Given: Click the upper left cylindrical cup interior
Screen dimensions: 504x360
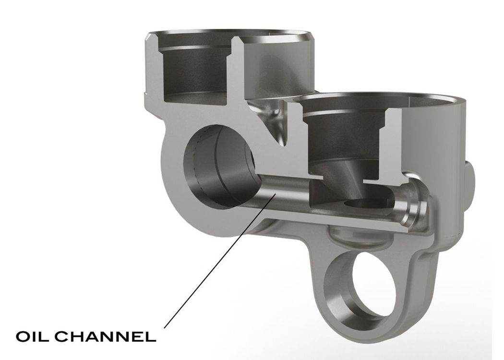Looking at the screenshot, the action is coord(196,74).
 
